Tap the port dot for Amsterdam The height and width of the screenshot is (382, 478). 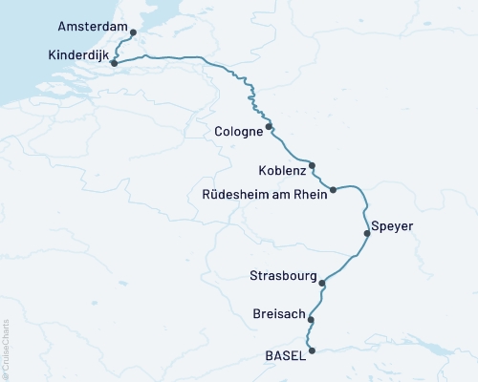pos(133,33)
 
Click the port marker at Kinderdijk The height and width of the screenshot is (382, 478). pos(114,64)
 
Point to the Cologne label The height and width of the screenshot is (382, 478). pos(239,131)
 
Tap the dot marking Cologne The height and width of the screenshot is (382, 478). pos(269,126)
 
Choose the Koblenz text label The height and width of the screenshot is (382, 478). pos(282,171)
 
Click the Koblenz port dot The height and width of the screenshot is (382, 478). pos(312,165)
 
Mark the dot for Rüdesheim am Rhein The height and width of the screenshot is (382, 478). pos(333,190)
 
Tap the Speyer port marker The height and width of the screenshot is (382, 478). pos(366,233)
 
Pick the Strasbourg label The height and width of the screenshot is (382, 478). pos(282,277)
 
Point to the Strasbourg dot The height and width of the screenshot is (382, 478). pos(323,283)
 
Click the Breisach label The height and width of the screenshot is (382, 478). pos(281,314)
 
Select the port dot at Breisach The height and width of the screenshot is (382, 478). pos(312,320)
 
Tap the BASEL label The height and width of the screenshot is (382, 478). pos(285,355)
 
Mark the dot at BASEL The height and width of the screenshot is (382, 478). pos(312,350)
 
